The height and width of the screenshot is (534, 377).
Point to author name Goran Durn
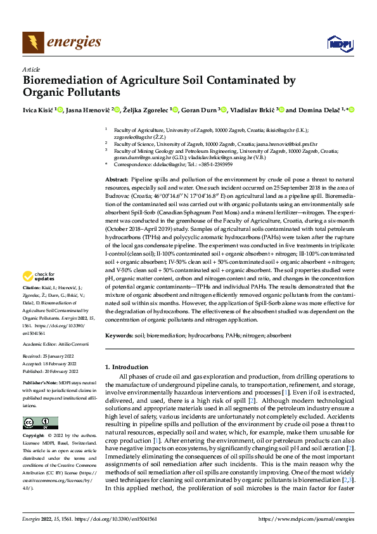[200, 110]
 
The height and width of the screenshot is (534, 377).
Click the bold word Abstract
[116, 181]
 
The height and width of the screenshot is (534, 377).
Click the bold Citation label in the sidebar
[32, 287]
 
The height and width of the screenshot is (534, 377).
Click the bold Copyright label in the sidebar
[34, 436]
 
